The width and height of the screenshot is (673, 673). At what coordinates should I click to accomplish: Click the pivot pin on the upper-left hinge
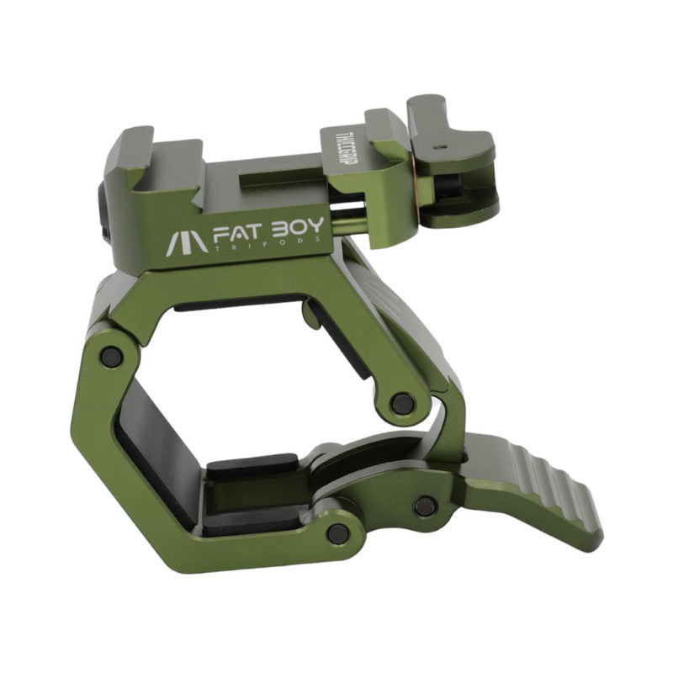coord(109,357)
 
